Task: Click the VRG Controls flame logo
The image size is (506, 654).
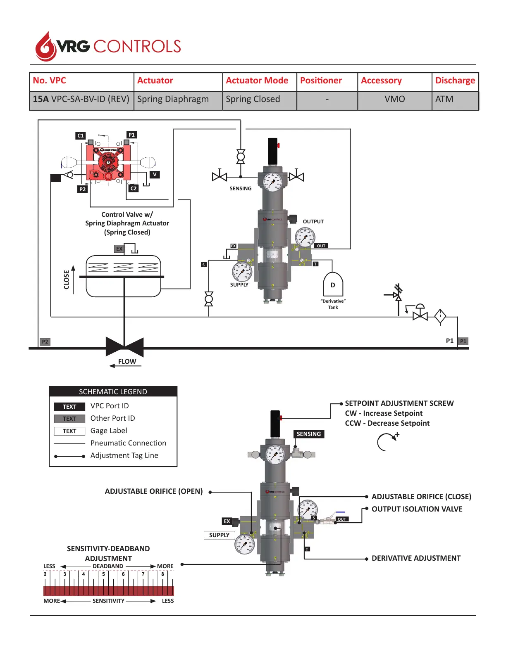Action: click(x=45, y=47)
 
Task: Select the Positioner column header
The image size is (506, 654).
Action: click(x=321, y=81)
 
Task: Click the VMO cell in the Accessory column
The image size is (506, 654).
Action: click(x=394, y=99)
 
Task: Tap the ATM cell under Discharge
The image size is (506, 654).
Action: click(x=444, y=99)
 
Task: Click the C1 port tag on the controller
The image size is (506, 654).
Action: click(x=81, y=135)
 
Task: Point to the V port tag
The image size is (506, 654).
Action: click(x=155, y=175)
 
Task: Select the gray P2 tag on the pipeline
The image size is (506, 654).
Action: click(x=45, y=341)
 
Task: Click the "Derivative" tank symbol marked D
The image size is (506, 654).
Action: click(x=333, y=285)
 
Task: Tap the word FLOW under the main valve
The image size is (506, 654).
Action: click(x=127, y=362)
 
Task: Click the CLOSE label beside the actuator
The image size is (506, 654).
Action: click(x=67, y=280)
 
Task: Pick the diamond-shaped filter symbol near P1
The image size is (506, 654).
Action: click(x=440, y=316)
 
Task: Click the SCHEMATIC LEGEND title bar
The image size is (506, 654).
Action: click(x=113, y=391)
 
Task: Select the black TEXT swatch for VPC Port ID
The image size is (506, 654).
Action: click(x=69, y=407)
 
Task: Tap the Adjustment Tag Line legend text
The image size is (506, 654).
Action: click(x=124, y=455)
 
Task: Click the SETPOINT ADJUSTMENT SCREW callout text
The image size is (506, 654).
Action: click(x=399, y=403)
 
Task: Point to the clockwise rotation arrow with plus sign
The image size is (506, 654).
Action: click(x=387, y=442)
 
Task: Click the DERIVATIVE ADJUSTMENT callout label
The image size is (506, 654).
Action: click(x=416, y=558)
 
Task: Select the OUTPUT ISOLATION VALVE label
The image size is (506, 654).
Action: click(x=417, y=509)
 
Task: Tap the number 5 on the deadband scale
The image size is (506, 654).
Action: click(x=103, y=574)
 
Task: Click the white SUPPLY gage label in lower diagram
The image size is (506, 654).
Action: click(x=219, y=535)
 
